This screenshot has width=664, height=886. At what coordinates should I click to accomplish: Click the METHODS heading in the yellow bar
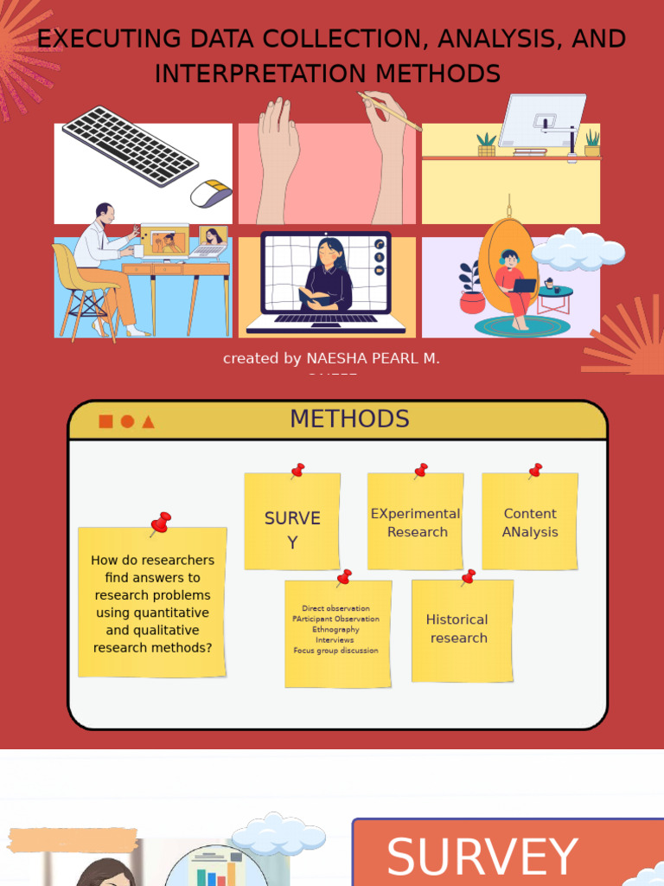pyautogui.click(x=349, y=419)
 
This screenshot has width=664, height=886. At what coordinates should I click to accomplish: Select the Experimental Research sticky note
pyautogui.click(x=416, y=523)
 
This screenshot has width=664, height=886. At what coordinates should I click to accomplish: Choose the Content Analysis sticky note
pyautogui.click(x=530, y=523)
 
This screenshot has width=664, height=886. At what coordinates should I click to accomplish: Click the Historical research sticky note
pyautogui.click(x=458, y=629)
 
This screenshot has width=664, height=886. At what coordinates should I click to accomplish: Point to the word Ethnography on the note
pyautogui.click(x=336, y=630)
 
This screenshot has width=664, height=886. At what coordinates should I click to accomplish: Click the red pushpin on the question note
pyautogui.click(x=160, y=523)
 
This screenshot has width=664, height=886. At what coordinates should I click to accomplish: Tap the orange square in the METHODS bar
pyautogui.click(x=105, y=421)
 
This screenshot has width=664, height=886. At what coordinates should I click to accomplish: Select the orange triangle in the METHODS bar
pyautogui.click(x=148, y=421)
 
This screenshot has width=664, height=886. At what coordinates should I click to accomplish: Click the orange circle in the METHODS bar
pyautogui.click(x=127, y=421)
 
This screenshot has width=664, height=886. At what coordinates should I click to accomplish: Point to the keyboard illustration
pyautogui.click(x=130, y=145)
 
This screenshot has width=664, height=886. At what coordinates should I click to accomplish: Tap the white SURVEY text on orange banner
pyautogui.click(x=482, y=857)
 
